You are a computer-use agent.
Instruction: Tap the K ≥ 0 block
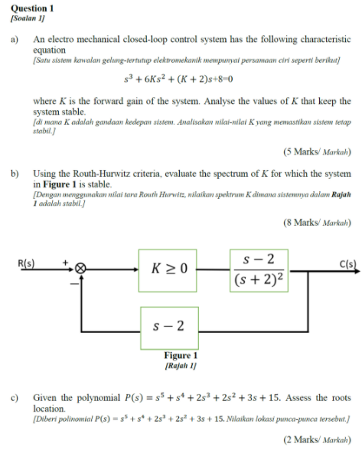[x=170, y=269]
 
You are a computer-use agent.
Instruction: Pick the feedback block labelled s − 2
[x=170, y=327]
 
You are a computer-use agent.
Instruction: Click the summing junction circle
[x=80, y=269]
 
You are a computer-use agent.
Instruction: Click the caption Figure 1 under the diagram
[x=181, y=356]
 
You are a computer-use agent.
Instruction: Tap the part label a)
[x=15, y=38]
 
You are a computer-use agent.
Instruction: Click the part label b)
[x=15, y=174]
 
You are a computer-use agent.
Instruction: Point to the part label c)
[x=15, y=398]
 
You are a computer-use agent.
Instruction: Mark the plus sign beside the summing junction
[x=66, y=262]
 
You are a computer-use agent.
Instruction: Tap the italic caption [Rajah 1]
[x=181, y=366]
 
